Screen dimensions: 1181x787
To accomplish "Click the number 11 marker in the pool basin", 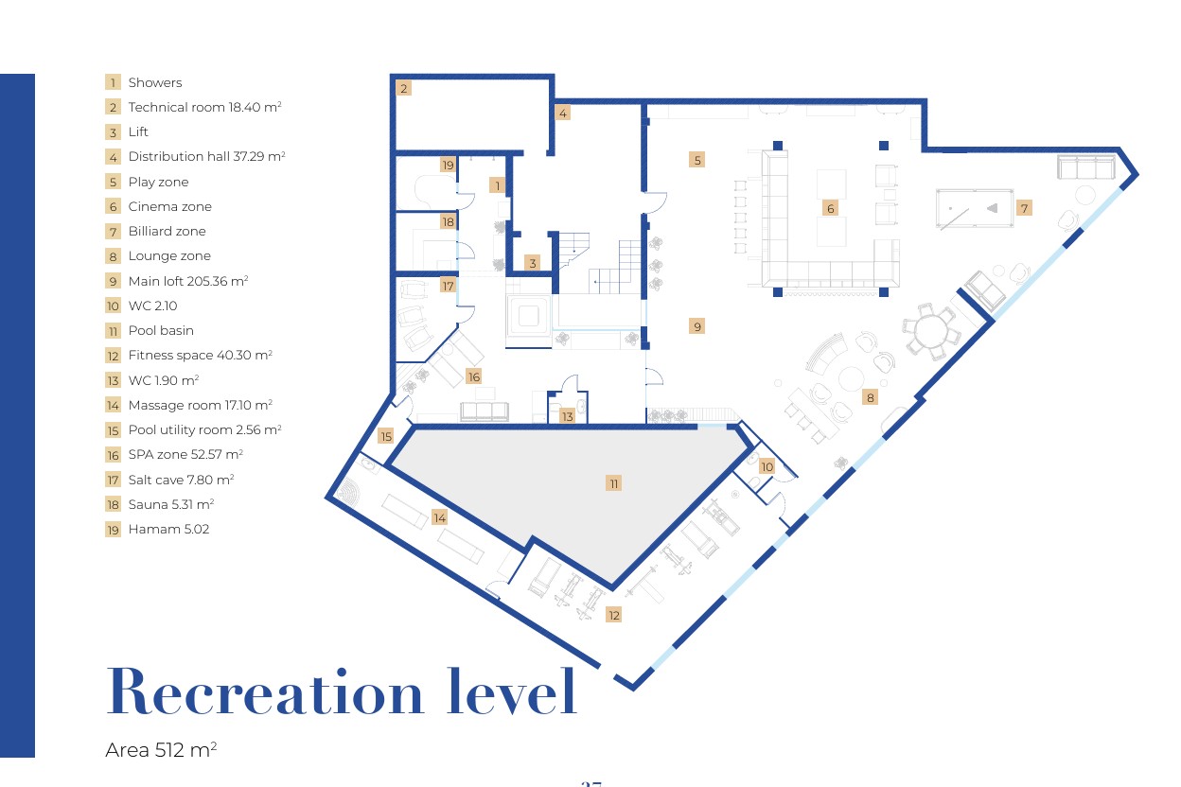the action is pos(614,483).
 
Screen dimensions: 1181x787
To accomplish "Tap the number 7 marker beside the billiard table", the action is pos(1024,208).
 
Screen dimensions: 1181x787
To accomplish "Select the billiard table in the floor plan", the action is pos(975,208).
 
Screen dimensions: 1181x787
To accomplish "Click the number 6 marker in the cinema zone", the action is pos(831,209).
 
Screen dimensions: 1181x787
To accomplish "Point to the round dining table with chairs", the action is pos(931,331).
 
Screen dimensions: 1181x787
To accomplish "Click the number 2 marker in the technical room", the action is pos(404,88).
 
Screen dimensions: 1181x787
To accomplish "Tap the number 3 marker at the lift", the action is pos(533,263).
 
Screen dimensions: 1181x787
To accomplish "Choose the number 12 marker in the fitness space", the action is pos(614,615).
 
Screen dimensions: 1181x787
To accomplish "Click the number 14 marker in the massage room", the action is pos(439,517).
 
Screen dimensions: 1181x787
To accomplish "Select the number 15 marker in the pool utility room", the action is pos(386,436).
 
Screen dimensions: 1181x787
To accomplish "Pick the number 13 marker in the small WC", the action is pos(567,416).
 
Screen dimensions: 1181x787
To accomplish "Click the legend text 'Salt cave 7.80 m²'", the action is pos(181,480).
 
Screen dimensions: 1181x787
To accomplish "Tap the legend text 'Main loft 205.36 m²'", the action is pos(188,281).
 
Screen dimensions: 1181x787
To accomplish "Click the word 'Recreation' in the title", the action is pos(265,691).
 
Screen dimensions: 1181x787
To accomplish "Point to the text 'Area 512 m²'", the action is pos(161,749).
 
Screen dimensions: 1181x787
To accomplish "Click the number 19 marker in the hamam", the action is pos(448,165).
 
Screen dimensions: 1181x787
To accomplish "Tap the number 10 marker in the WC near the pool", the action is pos(767,466).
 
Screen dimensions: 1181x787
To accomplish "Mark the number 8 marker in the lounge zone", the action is pos(870,397).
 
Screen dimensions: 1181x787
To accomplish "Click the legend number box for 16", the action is pos(113,455).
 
